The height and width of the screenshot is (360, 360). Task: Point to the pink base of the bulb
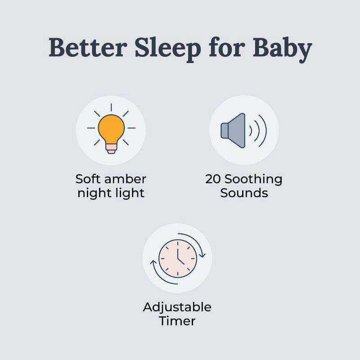click(x=111, y=148)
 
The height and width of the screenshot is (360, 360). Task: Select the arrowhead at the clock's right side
click(x=202, y=255)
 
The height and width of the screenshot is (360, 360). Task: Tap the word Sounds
click(x=244, y=193)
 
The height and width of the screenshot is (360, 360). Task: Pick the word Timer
click(x=177, y=321)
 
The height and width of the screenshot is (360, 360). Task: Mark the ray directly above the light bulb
click(x=111, y=107)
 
